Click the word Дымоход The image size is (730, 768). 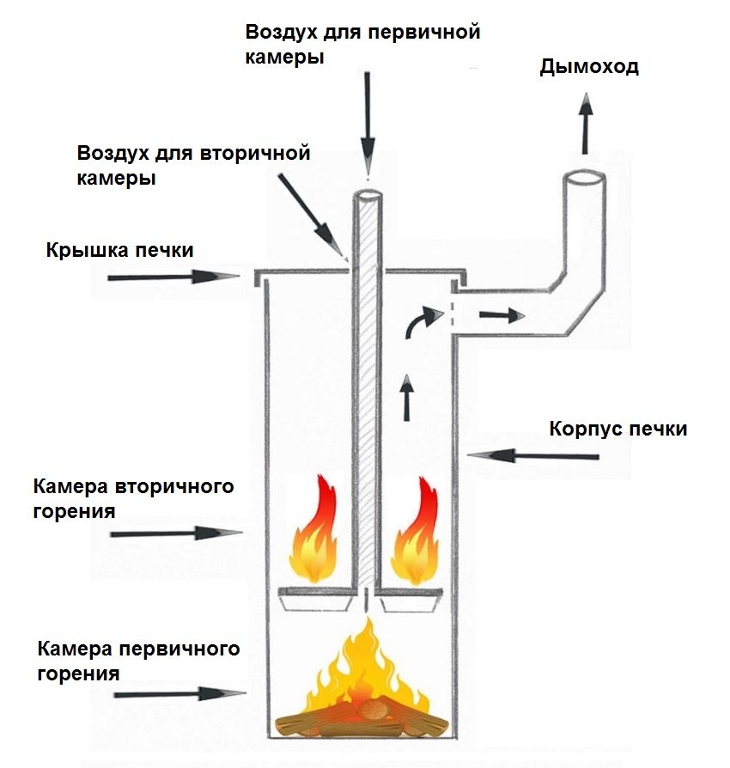pyautogui.click(x=589, y=67)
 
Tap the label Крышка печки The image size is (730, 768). pyautogui.click(x=119, y=250)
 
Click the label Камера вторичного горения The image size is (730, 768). pyautogui.click(x=133, y=498)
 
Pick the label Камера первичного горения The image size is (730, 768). pyautogui.click(x=137, y=658)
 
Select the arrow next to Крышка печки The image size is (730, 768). pyautogui.click(x=173, y=277)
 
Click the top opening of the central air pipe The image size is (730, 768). pyautogui.click(x=368, y=194)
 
